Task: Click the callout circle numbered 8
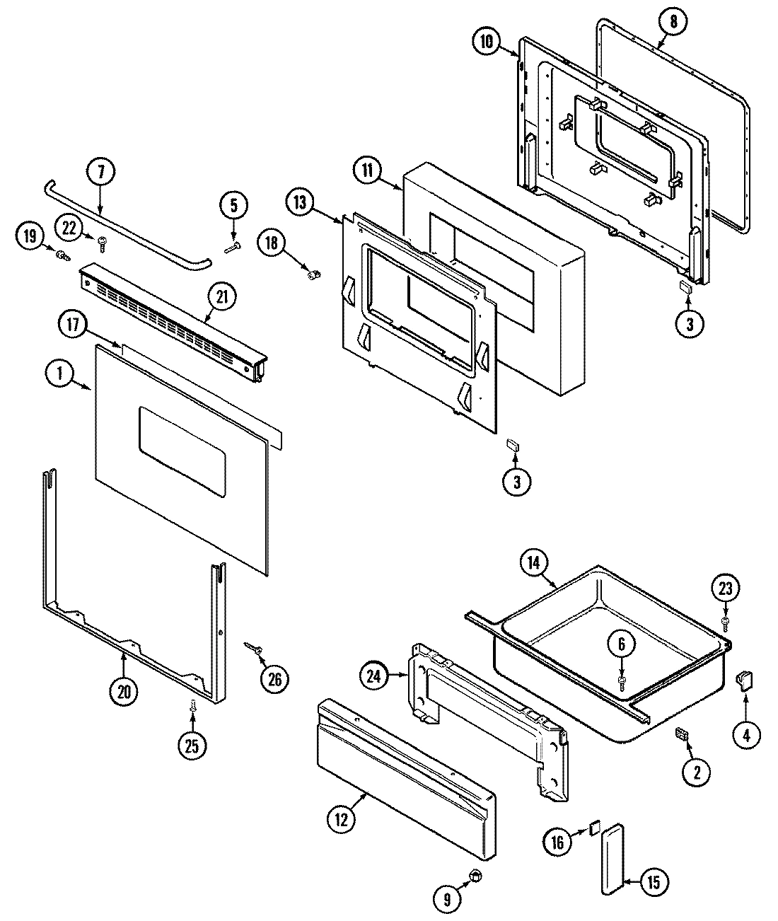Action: (x=673, y=22)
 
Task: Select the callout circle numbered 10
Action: (x=486, y=41)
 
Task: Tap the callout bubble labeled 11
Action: (x=368, y=171)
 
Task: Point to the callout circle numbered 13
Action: (x=300, y=202)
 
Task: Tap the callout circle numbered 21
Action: (x=222, y=299)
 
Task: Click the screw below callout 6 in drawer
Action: (x=622, y=681)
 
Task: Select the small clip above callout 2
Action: (x=683, y=736)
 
